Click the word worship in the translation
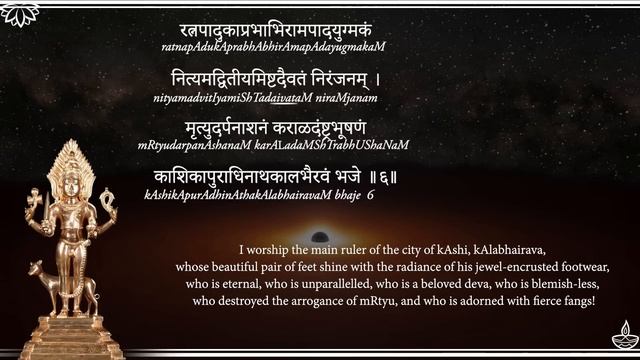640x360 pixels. point(270,251)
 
